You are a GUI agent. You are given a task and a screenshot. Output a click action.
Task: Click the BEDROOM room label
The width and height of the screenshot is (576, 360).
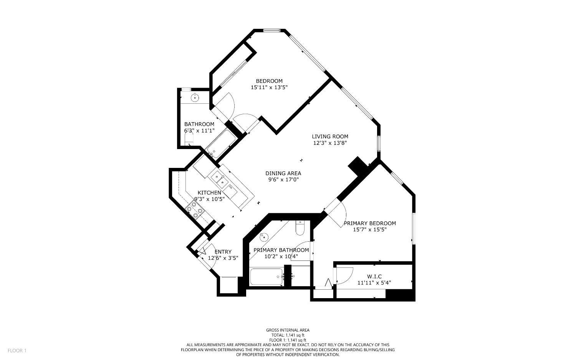(x=269, y=81)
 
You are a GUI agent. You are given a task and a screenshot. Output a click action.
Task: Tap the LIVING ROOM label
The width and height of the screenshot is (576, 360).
(x=330, y=136)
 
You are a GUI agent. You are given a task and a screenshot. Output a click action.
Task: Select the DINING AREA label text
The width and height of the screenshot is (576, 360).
(x=283, y=173)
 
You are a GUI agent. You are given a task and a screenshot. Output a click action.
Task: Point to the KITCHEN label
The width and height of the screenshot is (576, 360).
(x=209, y=192)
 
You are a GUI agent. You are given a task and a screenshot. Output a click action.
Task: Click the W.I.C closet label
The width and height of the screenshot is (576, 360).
(x=374, y=276)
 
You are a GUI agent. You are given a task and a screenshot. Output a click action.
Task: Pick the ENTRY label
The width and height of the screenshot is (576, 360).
(x=223, y=252)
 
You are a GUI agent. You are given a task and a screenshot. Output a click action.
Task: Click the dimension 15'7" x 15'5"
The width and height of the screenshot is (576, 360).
(x=369, y=230)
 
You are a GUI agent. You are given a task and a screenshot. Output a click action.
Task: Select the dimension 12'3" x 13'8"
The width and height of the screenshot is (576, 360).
(x=330, y=143)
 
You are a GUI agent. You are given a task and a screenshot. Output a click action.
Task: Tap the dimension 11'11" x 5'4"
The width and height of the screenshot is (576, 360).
(x=374, y=283)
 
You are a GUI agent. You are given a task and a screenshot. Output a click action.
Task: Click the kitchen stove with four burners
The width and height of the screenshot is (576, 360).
(x=194, y=210)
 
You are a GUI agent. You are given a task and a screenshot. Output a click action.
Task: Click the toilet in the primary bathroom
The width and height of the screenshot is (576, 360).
(x=300, y=228)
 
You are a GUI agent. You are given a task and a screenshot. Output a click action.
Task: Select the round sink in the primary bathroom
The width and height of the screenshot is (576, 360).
(x=263, y=237)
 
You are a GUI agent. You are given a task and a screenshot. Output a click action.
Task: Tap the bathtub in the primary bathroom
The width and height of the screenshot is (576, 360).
(x=266, y=277)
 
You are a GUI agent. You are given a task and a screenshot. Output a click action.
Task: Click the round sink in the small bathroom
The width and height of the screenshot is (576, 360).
(x=195, y=98)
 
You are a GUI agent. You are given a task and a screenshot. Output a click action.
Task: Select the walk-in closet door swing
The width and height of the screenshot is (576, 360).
(x=344, y=275)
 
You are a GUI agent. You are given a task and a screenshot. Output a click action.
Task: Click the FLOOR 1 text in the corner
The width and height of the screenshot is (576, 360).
(x=17, y=350)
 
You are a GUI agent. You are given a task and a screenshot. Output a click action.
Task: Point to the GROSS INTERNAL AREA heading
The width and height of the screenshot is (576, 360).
(x=288, y=330)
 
